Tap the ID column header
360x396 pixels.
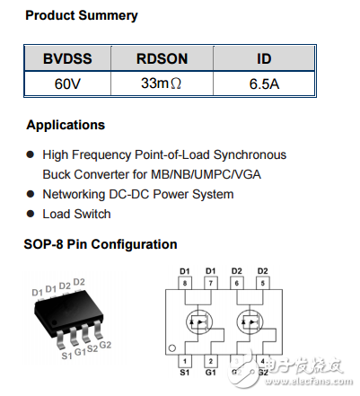tap(264, 58)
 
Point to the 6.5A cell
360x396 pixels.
tap(264, 84)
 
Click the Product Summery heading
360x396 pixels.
tap(81, 16)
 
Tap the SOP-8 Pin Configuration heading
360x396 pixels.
tap(101, 244)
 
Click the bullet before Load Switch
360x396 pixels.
tap(31, 215)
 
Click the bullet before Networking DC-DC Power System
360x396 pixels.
tap(31, 195)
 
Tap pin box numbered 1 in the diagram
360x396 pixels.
tap(184, 359)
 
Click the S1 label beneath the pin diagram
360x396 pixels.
tap(184, 373)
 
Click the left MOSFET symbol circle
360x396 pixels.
tap(198, 321)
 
